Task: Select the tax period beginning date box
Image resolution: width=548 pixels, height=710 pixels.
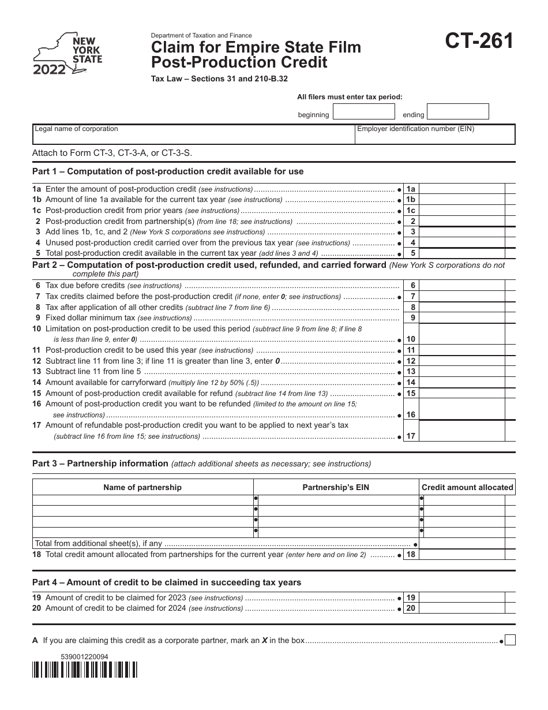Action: (364, 111)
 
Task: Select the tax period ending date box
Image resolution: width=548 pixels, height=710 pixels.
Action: (458, 111)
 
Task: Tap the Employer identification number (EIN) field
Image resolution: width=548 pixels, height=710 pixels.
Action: (434, 134)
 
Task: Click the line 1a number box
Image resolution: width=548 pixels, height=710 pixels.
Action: (411, 189)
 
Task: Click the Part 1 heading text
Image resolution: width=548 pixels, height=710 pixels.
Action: (168, 171)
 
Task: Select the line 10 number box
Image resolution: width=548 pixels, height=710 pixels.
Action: (411, 339)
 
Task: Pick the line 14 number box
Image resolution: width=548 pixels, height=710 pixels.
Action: (411, 382)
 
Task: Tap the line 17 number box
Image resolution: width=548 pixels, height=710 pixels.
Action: (411, 436)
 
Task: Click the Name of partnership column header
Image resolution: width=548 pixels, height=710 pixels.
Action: (142, 487)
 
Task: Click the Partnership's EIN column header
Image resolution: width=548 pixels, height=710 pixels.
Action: (336, 487)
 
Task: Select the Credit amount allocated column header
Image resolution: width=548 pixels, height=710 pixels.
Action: (467, 487)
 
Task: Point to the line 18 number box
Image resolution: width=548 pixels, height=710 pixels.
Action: (411, 554)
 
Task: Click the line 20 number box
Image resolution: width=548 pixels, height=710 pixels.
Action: (411, 608)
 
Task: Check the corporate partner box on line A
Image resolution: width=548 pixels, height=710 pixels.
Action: (510, 640)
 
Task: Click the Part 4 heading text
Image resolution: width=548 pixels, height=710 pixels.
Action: (167, 582)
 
